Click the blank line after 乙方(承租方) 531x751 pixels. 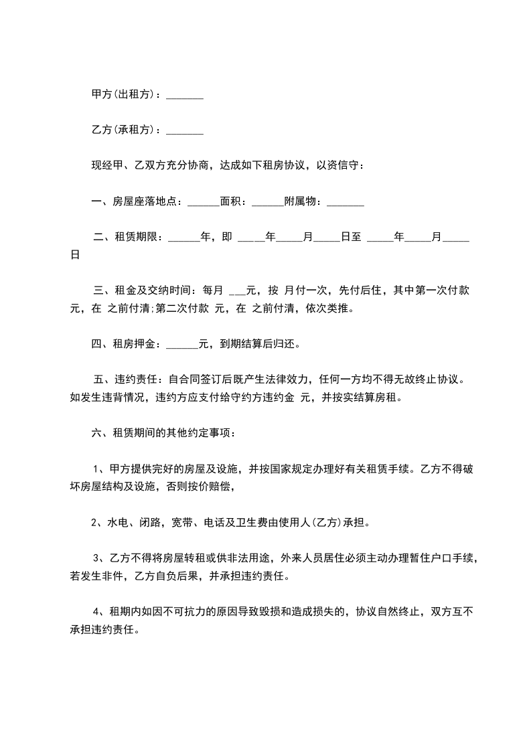(x=184, y=131)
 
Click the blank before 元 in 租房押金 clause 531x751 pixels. (x=181, y=345)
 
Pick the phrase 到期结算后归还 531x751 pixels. (x=259, y=345)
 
